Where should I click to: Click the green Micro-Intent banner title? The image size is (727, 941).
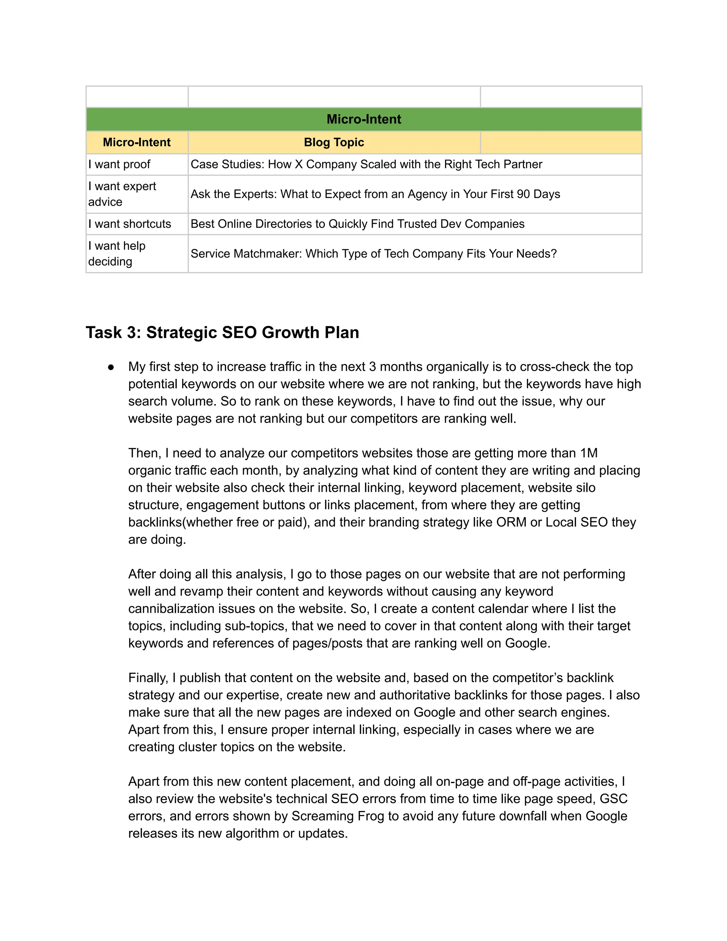[x=363, y=119]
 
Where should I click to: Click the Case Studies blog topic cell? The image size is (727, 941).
[x=366, y=164]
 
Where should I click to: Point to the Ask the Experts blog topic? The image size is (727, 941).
[x=375, y=194]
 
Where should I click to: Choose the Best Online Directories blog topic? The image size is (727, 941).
[x=357, y=224]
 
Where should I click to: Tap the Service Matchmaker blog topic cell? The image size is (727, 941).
[x=373, y=253]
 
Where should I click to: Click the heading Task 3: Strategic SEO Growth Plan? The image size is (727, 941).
[x=222, y=333]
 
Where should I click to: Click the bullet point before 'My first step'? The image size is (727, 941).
[x=111, y=367]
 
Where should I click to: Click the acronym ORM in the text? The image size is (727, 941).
[x=511, y=522]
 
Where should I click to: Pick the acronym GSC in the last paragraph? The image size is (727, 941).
[x=613, y=799]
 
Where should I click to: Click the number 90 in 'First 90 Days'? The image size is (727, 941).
[x=523, y=194]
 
